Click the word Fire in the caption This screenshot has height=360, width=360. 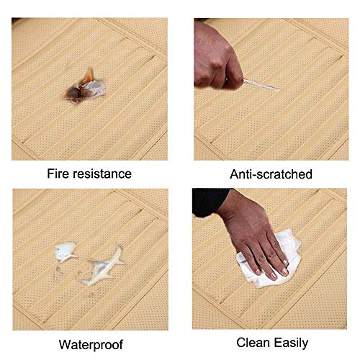58,174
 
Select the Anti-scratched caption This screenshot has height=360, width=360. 271,174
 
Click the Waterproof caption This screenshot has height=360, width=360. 91,345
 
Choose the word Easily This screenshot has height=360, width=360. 291,343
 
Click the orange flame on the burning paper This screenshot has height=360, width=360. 89,76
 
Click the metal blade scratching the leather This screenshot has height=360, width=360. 261,84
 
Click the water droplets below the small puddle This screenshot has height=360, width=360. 58,272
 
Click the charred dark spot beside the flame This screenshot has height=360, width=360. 73,92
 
